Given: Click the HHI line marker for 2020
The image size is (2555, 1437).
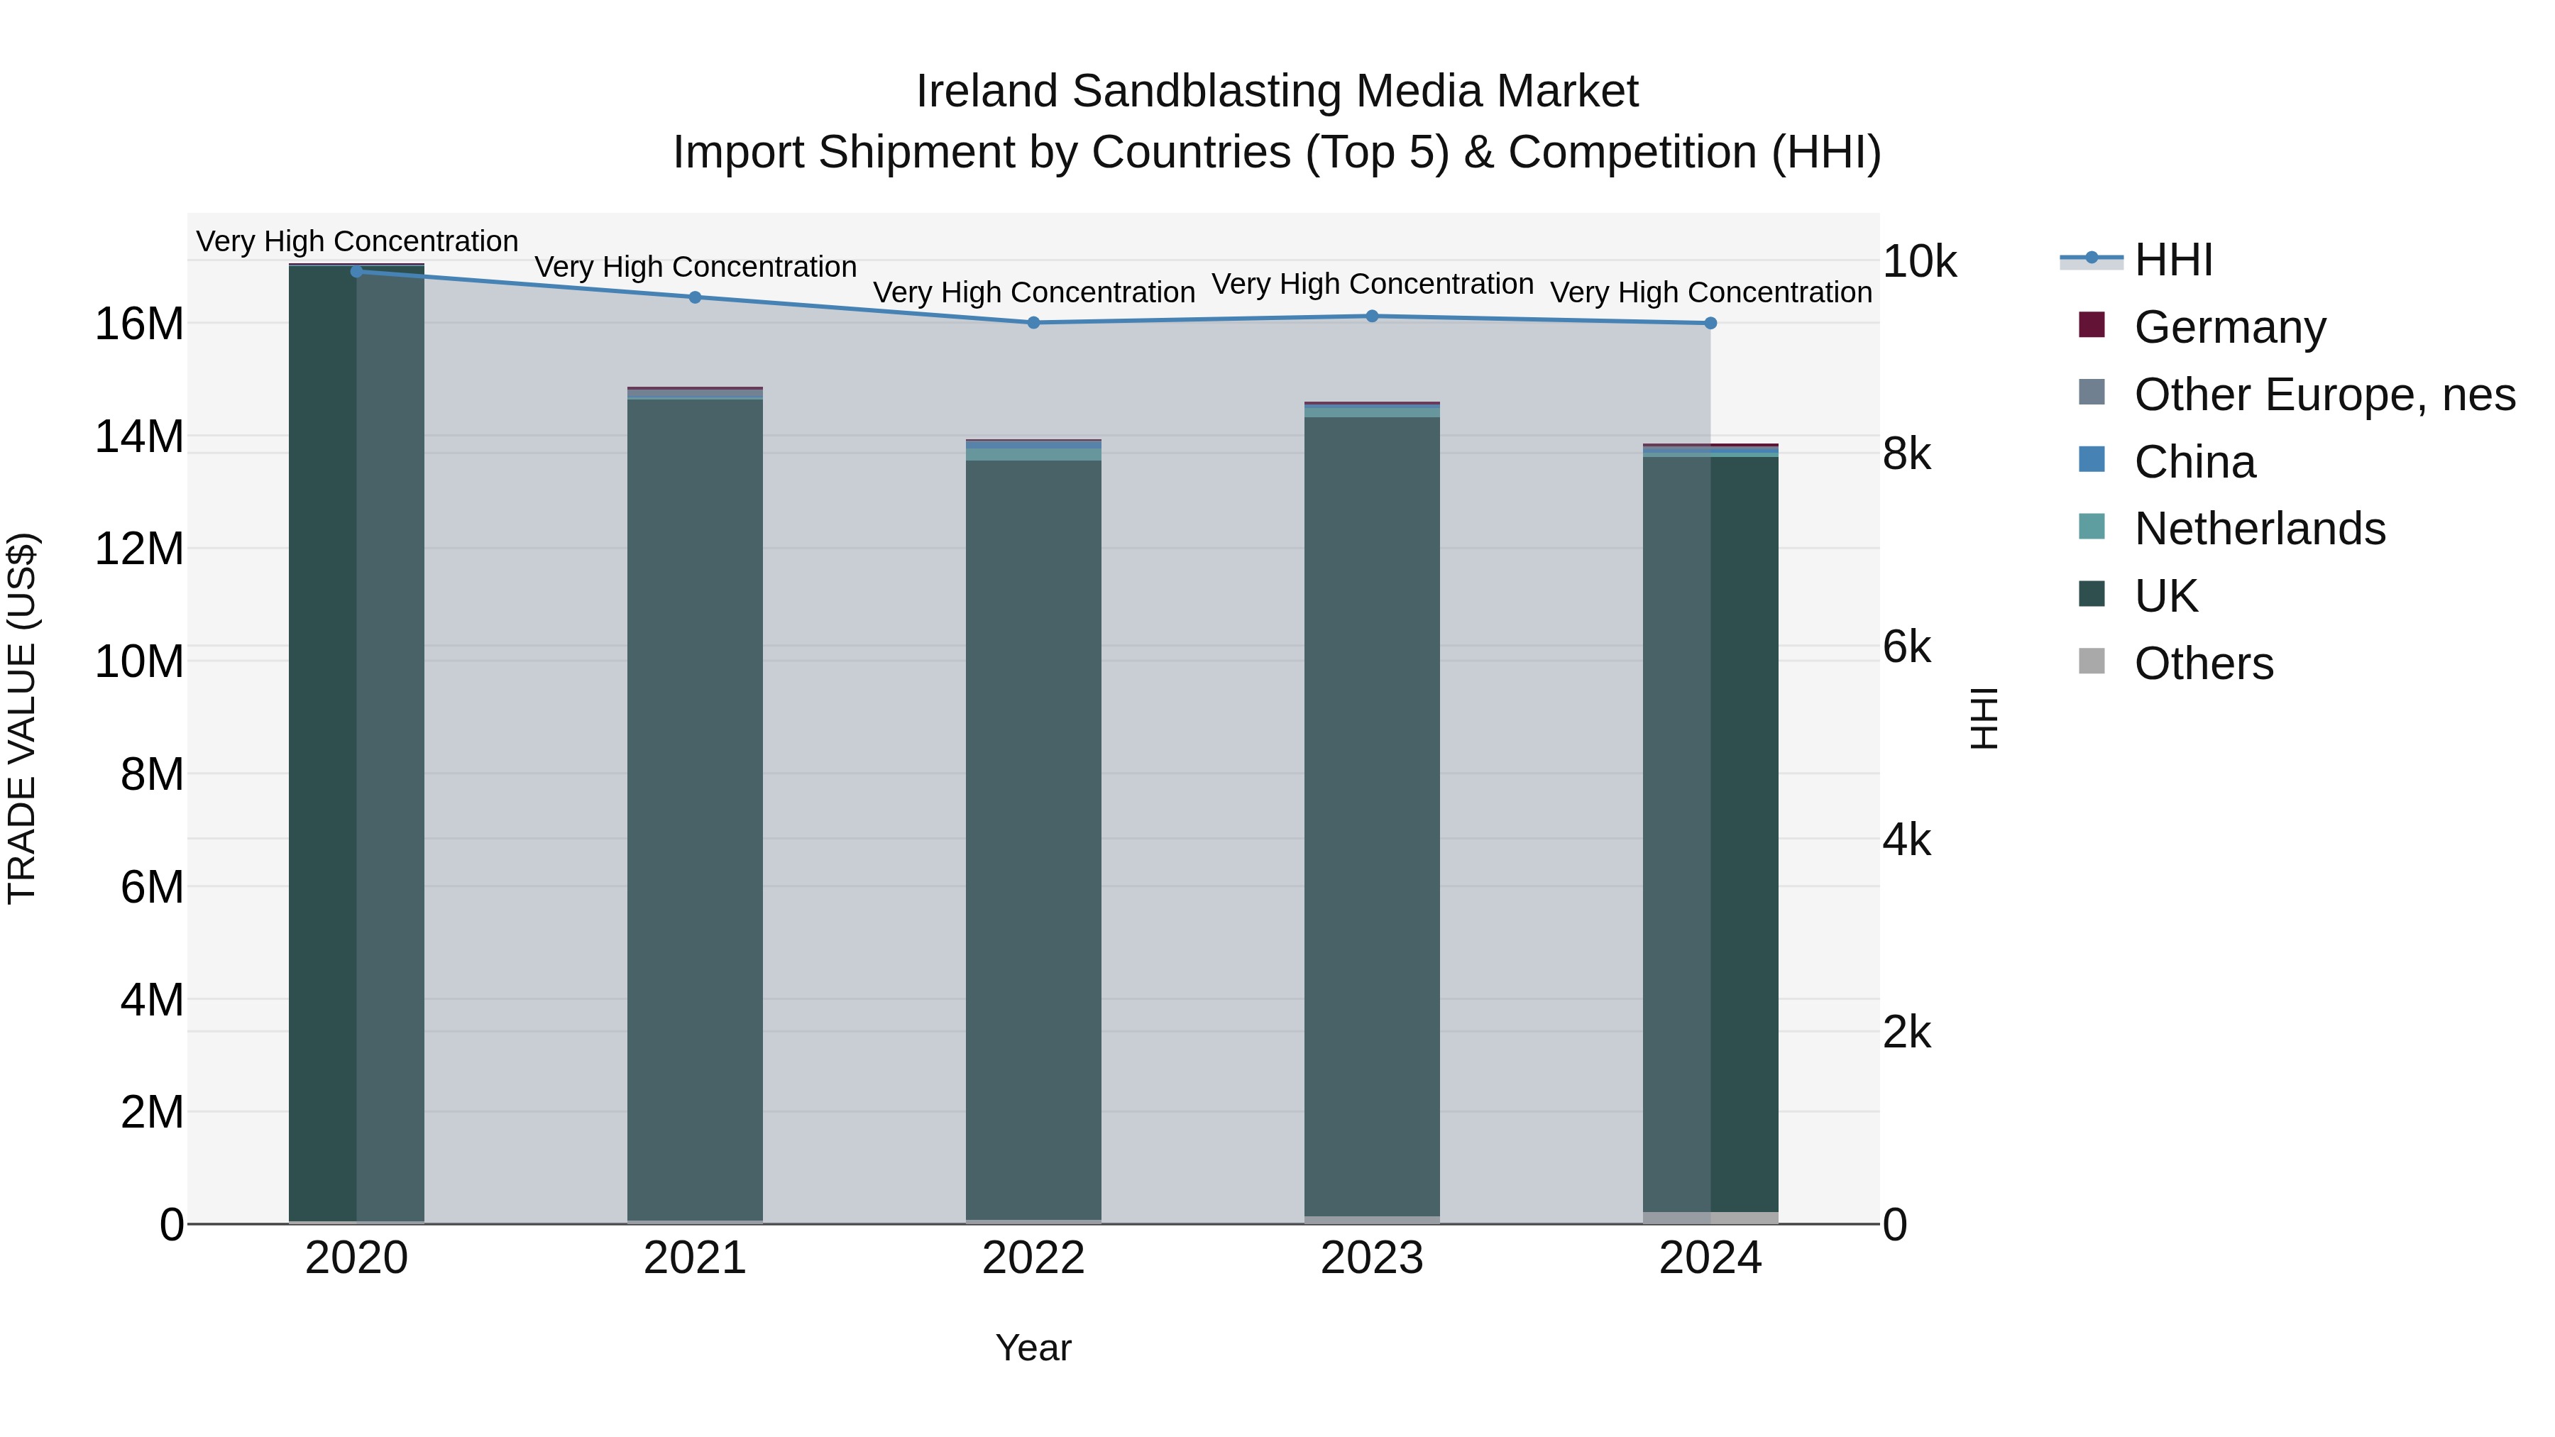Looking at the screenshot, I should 356,271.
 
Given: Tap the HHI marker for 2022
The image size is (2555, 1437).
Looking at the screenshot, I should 1033,322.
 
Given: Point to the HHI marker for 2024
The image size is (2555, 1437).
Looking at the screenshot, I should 1710,324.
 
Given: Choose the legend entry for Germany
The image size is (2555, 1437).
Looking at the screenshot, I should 2229,327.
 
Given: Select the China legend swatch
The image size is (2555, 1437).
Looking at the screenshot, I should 2091,460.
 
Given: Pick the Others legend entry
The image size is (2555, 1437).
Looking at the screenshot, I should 2203,664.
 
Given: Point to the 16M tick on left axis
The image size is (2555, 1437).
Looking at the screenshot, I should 139,324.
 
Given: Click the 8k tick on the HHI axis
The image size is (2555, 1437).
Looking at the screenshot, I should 1906,454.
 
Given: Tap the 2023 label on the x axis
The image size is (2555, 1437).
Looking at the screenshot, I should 1372,1257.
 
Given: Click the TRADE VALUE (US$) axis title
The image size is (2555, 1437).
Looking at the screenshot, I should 22,718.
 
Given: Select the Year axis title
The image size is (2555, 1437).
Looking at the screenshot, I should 1033,1348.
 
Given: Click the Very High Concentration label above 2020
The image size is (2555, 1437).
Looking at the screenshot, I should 357,241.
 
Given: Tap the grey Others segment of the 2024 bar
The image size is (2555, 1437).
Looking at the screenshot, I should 1710,1217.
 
